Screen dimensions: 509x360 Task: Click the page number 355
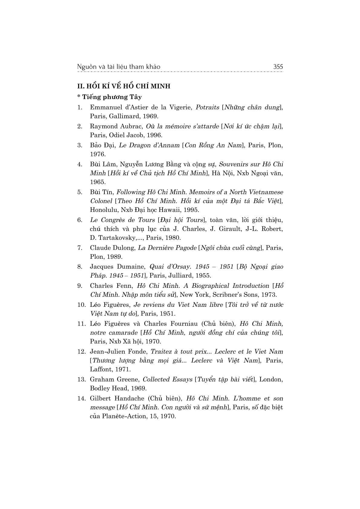pos(278,66)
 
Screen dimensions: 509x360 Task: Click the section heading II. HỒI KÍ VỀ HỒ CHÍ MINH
pos(124,86)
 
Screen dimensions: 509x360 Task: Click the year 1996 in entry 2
pos(154,135)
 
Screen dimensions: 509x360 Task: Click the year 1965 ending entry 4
pos(97,182)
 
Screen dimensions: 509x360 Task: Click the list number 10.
pos(81,305)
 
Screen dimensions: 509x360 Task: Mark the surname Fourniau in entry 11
pos(183,323)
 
